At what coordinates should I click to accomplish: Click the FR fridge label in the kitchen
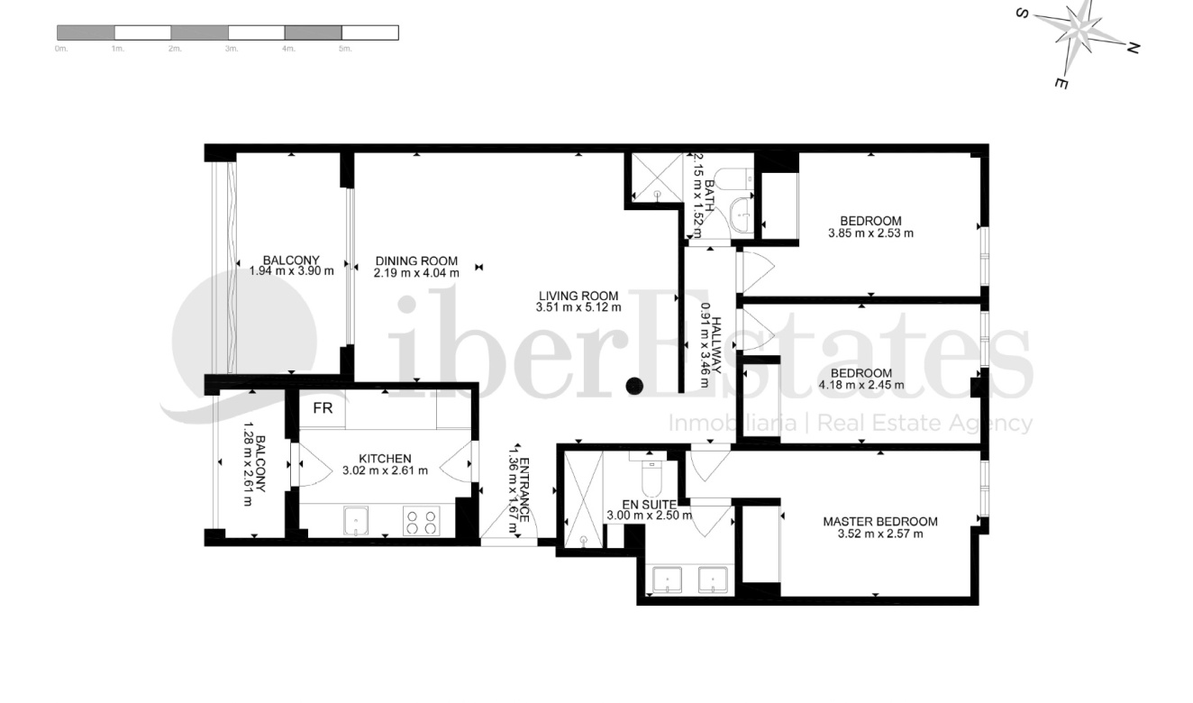(323, 408)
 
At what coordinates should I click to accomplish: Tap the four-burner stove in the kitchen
(420, 523)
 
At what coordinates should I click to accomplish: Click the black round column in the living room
(634, 386)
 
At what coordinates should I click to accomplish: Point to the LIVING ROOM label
(578, 295)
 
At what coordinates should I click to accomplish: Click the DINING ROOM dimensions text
(416, 273)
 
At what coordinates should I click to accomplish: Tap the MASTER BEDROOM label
(879, 521)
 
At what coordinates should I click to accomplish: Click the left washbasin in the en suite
(667, 580)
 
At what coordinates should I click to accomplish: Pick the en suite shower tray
(583, 499)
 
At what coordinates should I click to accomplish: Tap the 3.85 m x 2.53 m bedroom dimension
(870, 233)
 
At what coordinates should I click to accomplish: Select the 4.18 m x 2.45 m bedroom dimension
(861, 386)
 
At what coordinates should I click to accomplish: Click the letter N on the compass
(1134, 48)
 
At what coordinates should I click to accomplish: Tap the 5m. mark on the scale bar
(344, 49)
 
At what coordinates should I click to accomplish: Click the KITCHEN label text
(385, 458)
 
